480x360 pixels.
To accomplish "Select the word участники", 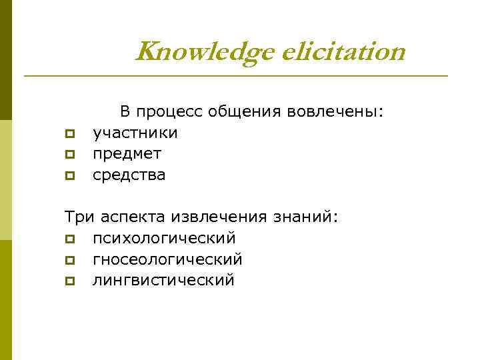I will tap(135, 133).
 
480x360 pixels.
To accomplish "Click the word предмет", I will tap(127, 154).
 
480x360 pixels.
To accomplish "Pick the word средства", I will tap(129, 175).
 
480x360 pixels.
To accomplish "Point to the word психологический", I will tap(164, 238).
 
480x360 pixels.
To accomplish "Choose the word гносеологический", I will tap(167, 259).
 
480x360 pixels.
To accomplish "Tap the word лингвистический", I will tap(163, 280).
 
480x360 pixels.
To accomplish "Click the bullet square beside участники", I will tap(69, 134).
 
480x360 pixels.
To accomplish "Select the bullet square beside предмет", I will tap(69, 155).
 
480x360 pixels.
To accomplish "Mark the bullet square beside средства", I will tap(69, 175).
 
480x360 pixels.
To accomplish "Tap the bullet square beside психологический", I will tap(69, 239).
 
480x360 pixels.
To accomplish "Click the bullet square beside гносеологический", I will tap(69, 259).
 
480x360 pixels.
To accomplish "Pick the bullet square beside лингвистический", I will tap(69, 281).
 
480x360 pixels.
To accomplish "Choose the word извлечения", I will tap(218, 217).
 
